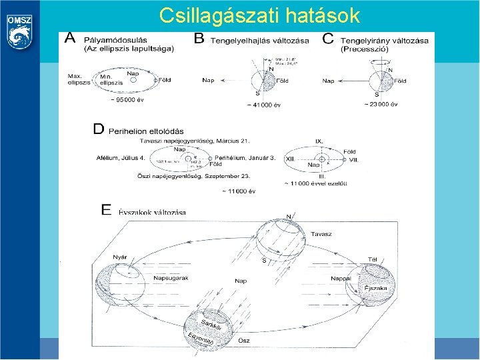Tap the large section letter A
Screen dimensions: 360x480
point(69,39)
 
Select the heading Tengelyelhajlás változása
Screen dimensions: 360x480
point(259,41)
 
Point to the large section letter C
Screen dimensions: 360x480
point(328,39)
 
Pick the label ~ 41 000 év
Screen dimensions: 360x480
point(263,105)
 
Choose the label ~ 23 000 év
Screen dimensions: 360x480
point(381,104)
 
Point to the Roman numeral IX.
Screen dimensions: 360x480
point(319,141)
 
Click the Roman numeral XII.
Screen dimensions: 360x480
point(291,161)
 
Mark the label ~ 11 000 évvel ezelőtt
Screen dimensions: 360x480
point(315,183)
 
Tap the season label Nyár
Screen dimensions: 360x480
point(121,257)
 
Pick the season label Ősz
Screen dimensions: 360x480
point(244,340)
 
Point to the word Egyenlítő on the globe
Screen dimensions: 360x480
point(200,339)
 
